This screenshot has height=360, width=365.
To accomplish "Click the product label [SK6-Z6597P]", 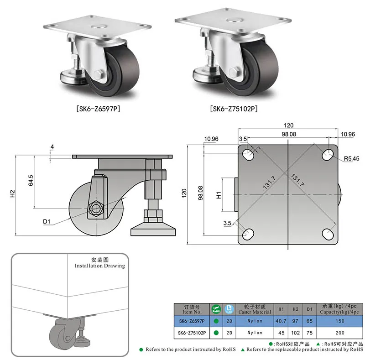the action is pos(98,109).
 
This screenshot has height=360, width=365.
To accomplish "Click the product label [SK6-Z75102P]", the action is pos(234,109).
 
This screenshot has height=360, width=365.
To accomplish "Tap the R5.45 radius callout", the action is pos(351,159).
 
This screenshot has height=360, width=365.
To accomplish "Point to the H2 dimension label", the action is pos(12,193).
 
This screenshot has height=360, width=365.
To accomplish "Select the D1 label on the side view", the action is pos(47,221).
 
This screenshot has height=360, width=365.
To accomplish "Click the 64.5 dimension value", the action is pos(31,181).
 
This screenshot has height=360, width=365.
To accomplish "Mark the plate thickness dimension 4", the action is pos(52,147).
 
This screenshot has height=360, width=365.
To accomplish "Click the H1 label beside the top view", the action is pos(219,195).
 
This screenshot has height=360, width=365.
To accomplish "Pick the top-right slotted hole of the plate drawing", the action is pos(328,154).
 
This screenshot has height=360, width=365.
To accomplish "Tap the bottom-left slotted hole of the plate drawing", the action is pos(248,234).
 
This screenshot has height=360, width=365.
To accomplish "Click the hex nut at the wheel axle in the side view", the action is pos(96,209).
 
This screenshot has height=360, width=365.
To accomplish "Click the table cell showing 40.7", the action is pos(281,321).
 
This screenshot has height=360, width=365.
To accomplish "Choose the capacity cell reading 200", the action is pos(340,333).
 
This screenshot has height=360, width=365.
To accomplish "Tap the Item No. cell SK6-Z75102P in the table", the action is pos(192,333).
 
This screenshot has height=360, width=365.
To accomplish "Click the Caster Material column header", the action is pos(255,309).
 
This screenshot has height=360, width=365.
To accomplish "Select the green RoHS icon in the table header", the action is pos(216,309).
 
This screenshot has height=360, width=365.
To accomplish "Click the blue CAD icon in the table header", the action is pos(229,309).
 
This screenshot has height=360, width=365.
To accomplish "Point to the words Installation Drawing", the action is pos(100,266).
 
